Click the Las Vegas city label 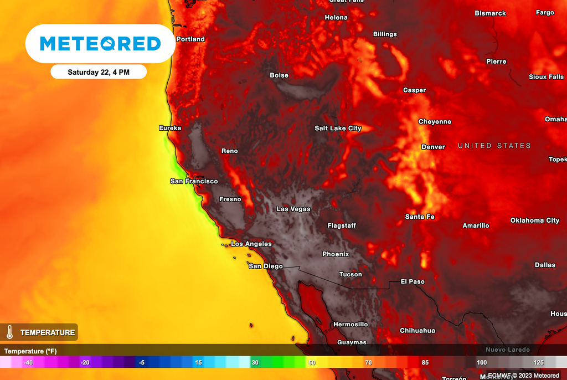293,209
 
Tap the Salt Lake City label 338,128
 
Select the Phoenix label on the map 336,254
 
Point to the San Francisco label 194,181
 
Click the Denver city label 433,147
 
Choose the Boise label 279,75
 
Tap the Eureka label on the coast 170,128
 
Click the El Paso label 413,281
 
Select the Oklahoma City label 535,220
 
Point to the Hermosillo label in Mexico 350,324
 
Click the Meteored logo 100,44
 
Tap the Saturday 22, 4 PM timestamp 99,72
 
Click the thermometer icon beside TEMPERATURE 9,332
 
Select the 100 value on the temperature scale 482,362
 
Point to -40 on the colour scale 28,362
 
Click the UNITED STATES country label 494,146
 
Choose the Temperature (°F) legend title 30,351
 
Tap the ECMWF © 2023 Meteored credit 523,376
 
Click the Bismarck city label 490,13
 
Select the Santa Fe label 419,217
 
